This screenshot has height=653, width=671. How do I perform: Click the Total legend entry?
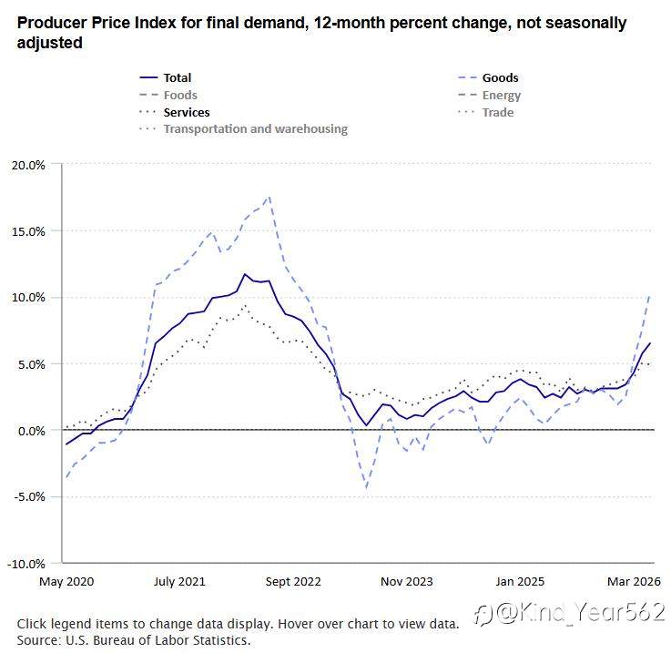tap(166, 77)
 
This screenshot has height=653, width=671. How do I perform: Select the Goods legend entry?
tap(488, 77)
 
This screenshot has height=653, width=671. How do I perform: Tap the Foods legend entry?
tap(168, 95)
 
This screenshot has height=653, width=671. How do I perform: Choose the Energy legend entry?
tap(490, 95)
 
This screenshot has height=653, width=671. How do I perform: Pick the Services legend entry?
tap(175, 112)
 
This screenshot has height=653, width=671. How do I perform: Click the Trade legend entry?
tap(485, 112)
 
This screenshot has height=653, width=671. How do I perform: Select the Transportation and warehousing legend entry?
tap(243, 129)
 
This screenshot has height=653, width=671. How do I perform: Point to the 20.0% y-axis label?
tap(28, 165)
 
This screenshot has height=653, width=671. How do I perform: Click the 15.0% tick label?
tap(28, 231)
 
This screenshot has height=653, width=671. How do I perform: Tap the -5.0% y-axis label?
tap(29, 496)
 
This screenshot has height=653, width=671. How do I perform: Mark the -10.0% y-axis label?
tap(26, 564)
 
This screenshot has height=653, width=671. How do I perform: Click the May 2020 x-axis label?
tap(66, 581)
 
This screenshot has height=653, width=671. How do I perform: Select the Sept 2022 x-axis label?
tap(293, 581)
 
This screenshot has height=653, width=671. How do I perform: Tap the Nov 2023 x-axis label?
tap(407, 581)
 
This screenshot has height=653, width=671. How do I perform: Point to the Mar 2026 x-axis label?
tap(634, 581)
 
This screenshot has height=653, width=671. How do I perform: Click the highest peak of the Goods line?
tap(269, 197)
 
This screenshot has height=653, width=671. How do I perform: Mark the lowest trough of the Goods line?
tap(367, 488)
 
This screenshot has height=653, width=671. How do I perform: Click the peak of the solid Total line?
tap(245, 274)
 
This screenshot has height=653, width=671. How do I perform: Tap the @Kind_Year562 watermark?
tap(571, 612)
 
